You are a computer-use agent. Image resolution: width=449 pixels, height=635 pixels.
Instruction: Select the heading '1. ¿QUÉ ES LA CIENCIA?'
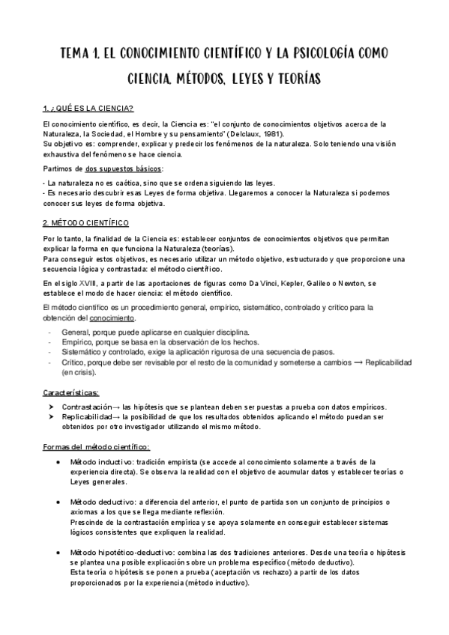click(x=88, y=109)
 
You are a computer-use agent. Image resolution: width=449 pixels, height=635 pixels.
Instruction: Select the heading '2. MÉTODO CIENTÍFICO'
click(x=85, y=222)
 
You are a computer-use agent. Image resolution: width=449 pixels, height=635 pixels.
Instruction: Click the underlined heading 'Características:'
click(x=76, y=392)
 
